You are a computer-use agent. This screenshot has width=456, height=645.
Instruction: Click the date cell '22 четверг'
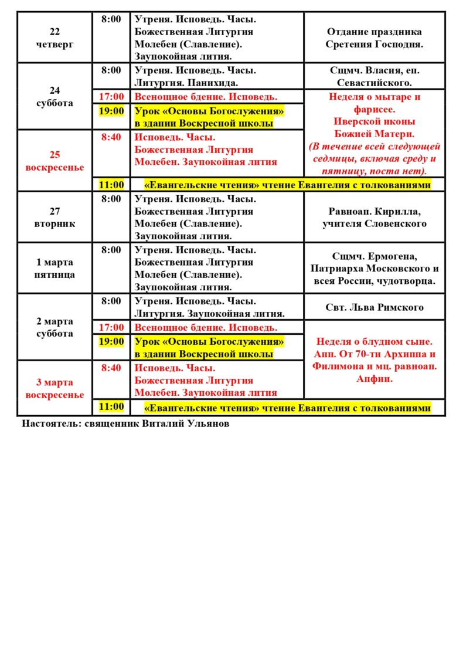point(55,38)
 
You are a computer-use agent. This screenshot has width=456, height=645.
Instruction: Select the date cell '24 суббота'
point(55,97)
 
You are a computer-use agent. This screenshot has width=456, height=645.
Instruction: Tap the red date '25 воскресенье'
point(55,161)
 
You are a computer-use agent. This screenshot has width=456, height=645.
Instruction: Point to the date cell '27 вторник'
point(55,217)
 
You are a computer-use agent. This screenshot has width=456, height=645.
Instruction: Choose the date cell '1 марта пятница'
point(55,268)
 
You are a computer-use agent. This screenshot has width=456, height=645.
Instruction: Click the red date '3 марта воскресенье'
point(55,389)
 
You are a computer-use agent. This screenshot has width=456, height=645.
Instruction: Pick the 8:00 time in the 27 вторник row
point(111,199)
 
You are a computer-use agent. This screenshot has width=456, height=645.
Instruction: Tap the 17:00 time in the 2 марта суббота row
point(111,327)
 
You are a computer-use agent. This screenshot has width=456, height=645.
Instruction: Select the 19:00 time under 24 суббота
point(111,111)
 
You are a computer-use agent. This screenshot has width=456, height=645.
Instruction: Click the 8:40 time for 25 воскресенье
point(111,137)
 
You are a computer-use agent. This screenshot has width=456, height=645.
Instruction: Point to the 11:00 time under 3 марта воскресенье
point(111,406)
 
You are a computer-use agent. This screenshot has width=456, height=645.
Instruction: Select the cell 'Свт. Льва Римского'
point(375,307)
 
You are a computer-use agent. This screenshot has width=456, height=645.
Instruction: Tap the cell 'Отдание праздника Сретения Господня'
point(375,38)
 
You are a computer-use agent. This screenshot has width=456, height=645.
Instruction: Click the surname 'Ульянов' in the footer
point(206,423)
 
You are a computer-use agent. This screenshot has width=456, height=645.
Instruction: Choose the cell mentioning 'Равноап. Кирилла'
point(375,217)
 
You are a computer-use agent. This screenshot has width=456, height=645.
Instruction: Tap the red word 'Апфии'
point(375,379)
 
